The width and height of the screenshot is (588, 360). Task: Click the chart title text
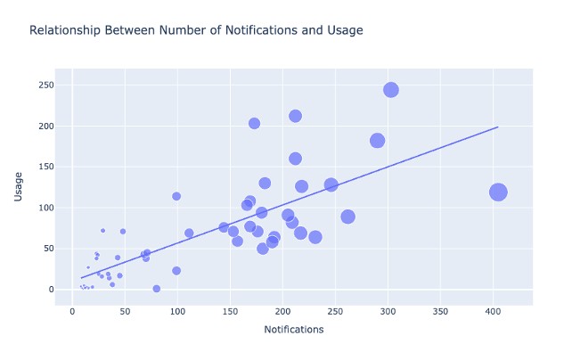coord(196,30)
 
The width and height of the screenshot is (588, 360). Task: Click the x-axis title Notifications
coord(294,330)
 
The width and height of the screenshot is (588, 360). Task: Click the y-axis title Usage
coord(18,186)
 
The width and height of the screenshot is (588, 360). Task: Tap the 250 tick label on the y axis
coord(43,86)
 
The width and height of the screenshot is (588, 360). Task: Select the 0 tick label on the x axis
coord(72,311)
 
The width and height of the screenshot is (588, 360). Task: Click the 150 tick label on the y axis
coord(43,167)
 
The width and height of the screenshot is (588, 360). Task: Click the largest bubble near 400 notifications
coord(498,192)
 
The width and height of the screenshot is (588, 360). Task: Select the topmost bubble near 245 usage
coord(391,90)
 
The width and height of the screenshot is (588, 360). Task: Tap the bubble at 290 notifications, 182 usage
coord(377,141)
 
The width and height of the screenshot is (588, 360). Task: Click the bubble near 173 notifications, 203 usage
coord(254,124)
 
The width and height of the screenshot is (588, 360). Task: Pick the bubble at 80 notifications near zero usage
coord(157,289)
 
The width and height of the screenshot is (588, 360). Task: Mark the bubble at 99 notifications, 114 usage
coord(176,196)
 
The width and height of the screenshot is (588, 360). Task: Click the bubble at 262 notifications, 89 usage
coord(347,217)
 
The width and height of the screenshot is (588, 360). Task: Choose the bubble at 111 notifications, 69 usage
coord(189,233)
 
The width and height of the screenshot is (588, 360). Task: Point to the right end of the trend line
coord(497,127)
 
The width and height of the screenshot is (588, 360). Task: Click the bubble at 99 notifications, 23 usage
coord(176,271)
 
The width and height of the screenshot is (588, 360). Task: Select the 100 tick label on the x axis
coord(177,311)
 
